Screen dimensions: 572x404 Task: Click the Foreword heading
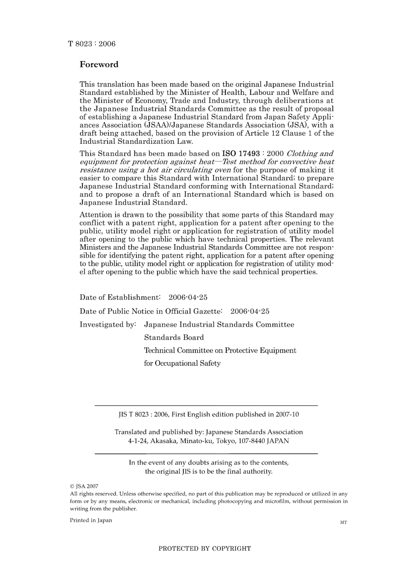coord(99,65)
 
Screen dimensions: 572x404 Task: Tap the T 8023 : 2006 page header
coord(91,44)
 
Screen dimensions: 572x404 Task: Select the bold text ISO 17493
coord(241,154)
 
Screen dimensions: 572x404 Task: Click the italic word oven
coord(220,170)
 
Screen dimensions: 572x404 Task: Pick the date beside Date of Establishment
coord(188,297)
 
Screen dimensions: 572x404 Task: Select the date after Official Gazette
coord(250,311)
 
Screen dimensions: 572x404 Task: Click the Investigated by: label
coord(108,324)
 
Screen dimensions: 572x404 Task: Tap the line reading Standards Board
coord(174,337)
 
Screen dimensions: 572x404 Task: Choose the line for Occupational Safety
coord(182,363)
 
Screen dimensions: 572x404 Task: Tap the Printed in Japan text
coord(91,520)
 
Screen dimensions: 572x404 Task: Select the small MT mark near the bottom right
coord(344,522)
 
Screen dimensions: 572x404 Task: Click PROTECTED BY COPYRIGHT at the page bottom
coord(205,549)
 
